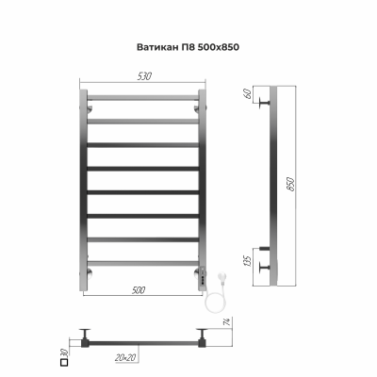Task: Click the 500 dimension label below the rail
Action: pos(140,290)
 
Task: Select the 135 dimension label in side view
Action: pos(250,259)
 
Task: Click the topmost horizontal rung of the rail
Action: pos(142,98)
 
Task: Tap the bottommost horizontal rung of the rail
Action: pos(142,262)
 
